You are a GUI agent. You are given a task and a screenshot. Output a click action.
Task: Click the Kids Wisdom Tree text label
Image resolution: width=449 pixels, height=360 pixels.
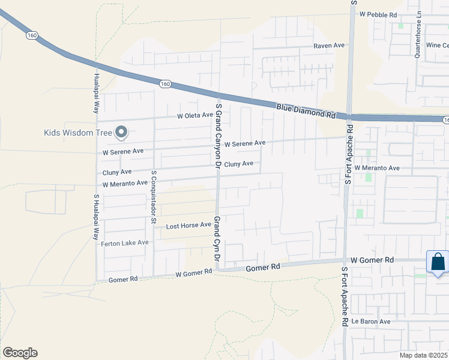(77, 133)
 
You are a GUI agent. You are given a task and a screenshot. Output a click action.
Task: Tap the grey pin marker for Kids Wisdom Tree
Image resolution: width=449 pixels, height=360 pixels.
(122, 132)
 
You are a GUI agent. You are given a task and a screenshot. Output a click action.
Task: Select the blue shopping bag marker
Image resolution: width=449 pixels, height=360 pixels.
(438, 262)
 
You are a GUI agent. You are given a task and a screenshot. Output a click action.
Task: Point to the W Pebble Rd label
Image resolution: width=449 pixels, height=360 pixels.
(378, 14)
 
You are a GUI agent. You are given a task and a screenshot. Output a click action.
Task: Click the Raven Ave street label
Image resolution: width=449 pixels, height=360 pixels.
(329, 46)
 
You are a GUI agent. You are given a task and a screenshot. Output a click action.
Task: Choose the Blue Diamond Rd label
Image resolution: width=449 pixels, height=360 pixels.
(306, 110)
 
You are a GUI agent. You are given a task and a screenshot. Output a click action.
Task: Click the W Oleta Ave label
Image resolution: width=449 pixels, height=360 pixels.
(195, 115)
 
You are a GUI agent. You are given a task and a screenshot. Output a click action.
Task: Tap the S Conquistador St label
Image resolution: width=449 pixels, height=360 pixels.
(154, 198)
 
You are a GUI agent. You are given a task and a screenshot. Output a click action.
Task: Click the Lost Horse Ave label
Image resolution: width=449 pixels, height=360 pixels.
(188, 226)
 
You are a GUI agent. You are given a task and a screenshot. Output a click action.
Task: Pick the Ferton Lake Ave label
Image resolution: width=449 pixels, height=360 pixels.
(125, 243)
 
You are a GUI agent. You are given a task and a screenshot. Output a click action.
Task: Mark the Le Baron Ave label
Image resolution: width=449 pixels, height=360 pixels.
(371, 322)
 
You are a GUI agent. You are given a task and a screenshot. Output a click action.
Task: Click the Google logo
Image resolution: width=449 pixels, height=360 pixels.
(20, 353)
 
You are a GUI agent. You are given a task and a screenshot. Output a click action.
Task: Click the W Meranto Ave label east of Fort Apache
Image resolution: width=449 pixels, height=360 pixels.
(377, 169)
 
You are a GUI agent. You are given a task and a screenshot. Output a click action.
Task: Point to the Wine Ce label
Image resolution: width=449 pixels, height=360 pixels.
(437, 46)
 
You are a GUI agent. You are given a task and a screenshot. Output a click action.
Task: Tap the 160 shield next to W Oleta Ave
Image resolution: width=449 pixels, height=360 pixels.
(165, 85)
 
